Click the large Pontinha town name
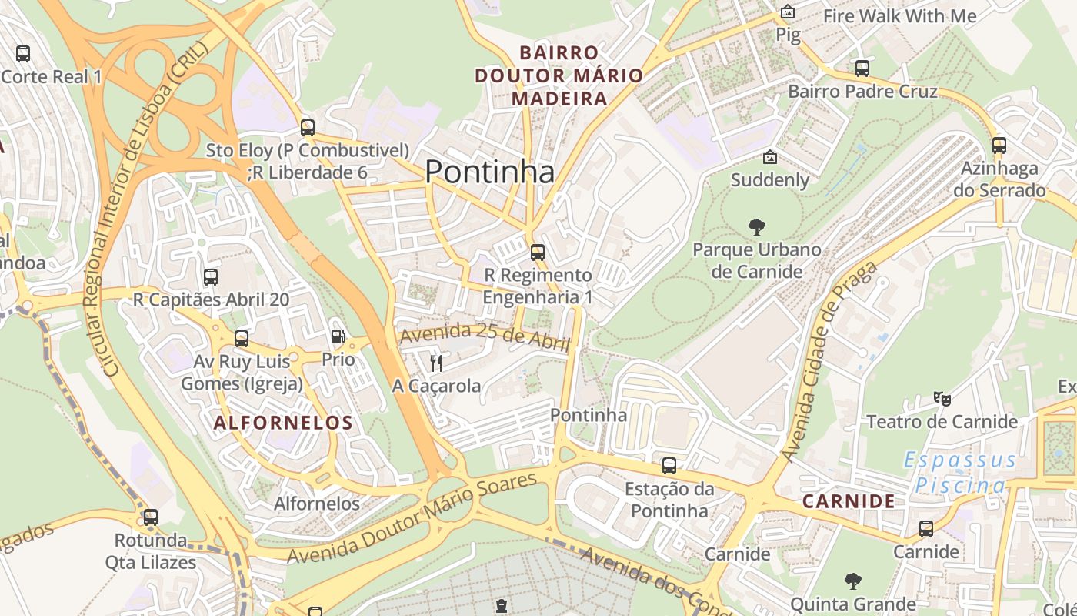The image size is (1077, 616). (x=489, y=172)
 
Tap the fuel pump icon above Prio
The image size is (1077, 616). (x=338, y=336)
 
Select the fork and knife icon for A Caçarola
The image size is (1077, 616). (x=436, y=363)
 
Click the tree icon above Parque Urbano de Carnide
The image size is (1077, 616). (x=757, y=227)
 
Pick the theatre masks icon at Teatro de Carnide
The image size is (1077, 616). (x=942, y=399)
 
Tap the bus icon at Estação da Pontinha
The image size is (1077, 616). (x=669, y=466)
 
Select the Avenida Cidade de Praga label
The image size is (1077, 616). (x=829, y=362)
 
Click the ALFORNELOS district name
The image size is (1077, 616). (x=283, y=423)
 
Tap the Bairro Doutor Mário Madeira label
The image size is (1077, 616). (x=559, y=75)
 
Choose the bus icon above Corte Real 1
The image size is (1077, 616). (x=23, y=54)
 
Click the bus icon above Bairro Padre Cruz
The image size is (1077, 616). (x=862, y=69)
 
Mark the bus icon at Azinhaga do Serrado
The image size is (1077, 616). (x=999, y=146)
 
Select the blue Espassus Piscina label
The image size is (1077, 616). (x=960, y=473)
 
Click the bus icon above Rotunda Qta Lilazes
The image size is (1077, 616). (x=151, y=517)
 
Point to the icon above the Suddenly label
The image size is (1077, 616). (x=769, y=158)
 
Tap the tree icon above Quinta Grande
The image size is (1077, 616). (x=852, y=581)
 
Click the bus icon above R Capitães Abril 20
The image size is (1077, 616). (x=211, y=277)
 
